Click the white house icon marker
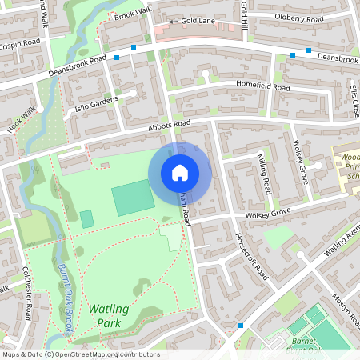[180, 172]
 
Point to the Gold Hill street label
[243, 16]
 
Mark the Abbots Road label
[169, 123]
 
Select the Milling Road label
[262, 170]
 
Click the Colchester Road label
[25, 292]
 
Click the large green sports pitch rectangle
[133, 198]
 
